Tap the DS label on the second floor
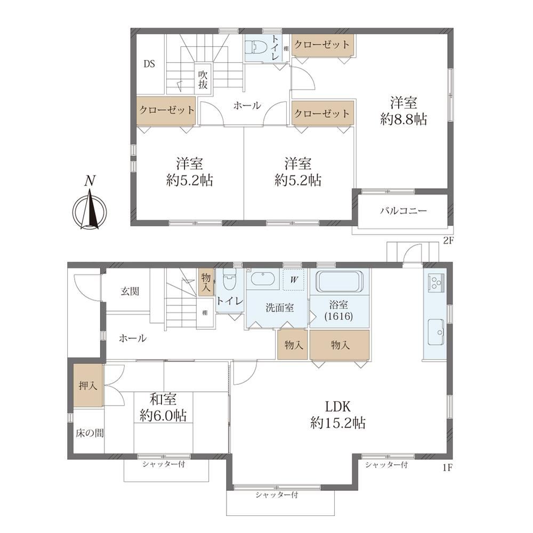tap(149, 63)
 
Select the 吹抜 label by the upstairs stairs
tap(203, 79)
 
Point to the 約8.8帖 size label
tap(403, 119)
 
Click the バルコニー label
tap(403, 211)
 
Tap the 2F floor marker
tap(448, 241)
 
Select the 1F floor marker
tap(447, 468)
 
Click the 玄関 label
tap(130, 292)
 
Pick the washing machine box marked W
tap(294, 280)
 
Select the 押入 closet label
tap(88, 385)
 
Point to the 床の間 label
tap(90, 433)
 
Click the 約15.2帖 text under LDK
tap(338, 423)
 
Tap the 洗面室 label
tap(279, 308)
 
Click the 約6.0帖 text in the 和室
tap(163, 415)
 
